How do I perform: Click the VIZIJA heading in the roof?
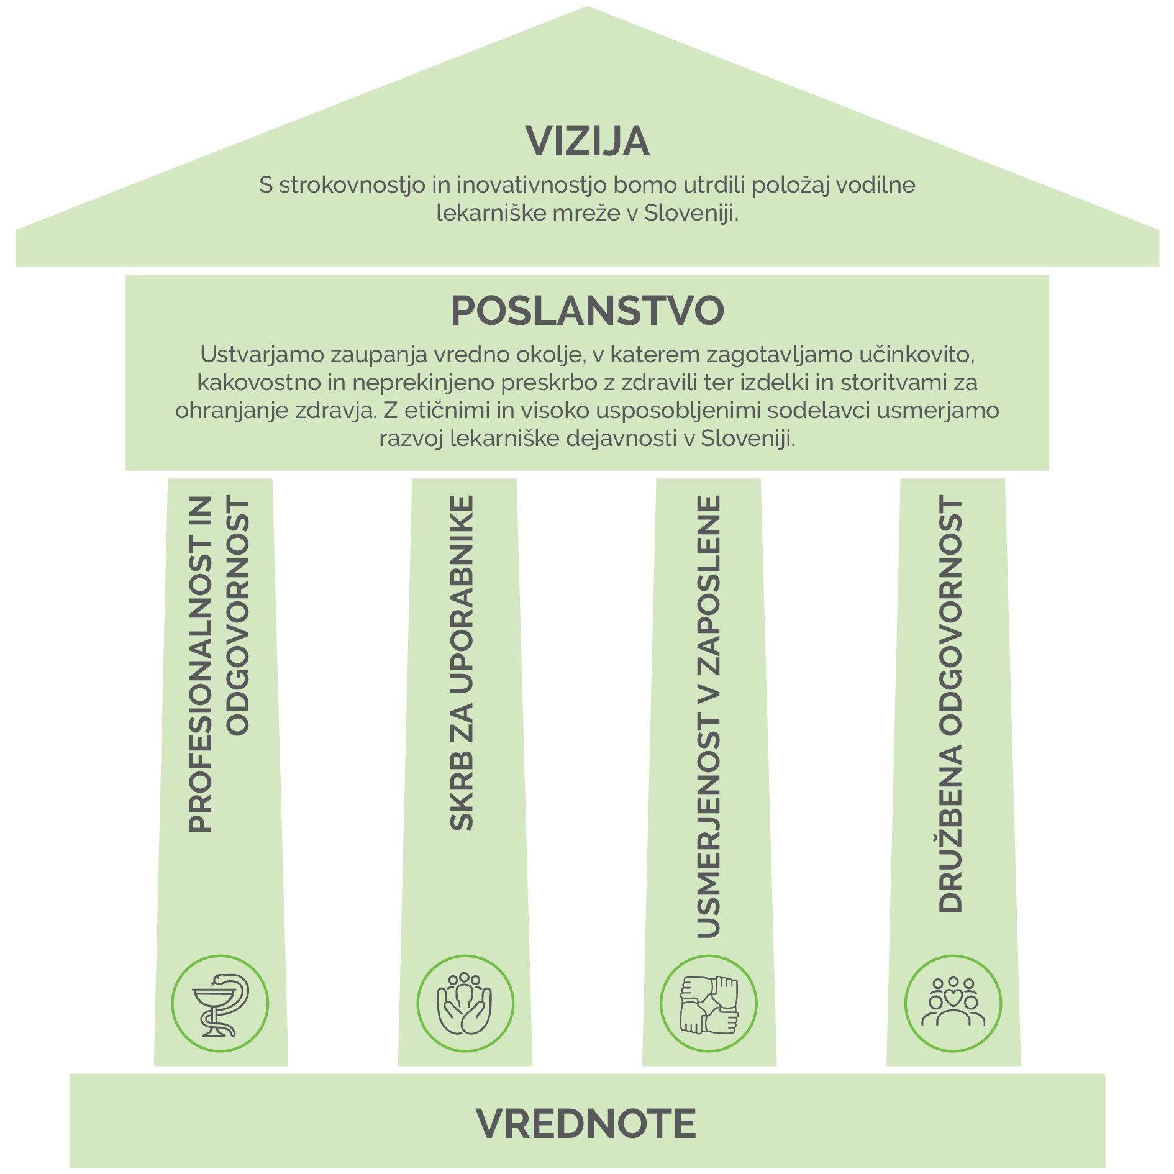click(x=587, y=142)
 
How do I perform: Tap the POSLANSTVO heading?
click(x=587, y=311)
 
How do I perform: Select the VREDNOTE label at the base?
click(x=586, y=1124)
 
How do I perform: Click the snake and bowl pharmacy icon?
click(x=220, y=1003)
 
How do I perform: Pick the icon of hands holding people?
click(x=465, y=1003)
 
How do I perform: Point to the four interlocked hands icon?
click(x=709, y=1003)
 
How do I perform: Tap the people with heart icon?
click(x=953, y=1003)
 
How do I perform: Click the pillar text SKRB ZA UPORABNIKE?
click(x=462, y=663)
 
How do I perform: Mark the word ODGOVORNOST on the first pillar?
click(x=238, y=615)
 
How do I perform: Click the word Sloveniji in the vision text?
click(x=691, y=213)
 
